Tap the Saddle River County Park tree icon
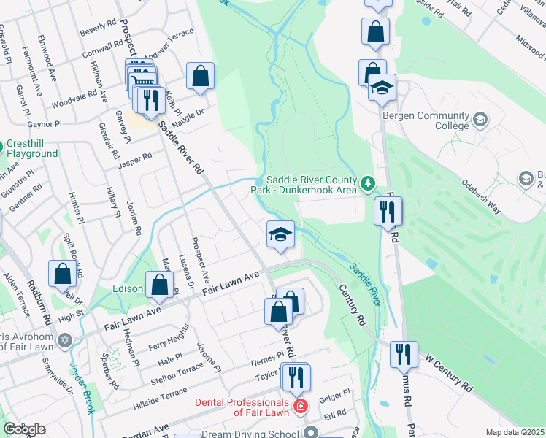368,182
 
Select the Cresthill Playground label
32,149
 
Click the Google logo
24,429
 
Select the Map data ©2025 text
514,432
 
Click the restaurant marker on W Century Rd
404,355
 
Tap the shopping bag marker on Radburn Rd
63,274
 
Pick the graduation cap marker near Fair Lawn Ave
280,234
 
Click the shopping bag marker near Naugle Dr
200,76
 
